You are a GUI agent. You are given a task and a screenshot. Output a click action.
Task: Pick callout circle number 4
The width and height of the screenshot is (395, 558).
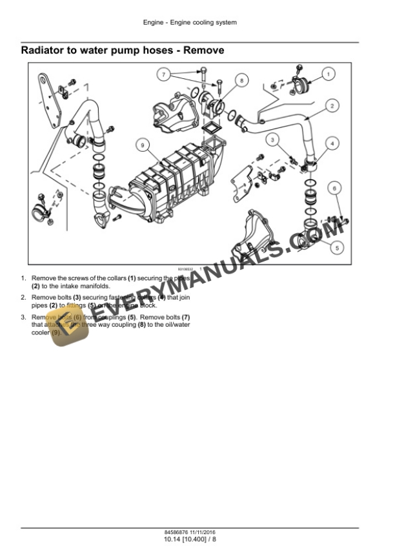click(x=332, y=143)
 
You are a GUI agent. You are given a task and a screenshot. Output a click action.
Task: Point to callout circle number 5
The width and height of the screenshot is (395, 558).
click(x=336, y=246)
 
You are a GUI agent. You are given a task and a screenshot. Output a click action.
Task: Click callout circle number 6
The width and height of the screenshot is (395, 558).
click(x=334, y=189)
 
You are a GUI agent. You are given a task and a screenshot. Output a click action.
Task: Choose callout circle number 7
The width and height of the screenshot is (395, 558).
click(x=164, y=75)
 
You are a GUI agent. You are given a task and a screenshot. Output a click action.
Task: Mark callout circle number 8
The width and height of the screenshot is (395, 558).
click(x=241, y=81)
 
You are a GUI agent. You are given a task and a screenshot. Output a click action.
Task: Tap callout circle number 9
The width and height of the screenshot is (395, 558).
click(x=142, y=146)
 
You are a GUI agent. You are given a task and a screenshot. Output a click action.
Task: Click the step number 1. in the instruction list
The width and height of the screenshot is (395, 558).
click(x=23, y=278)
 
